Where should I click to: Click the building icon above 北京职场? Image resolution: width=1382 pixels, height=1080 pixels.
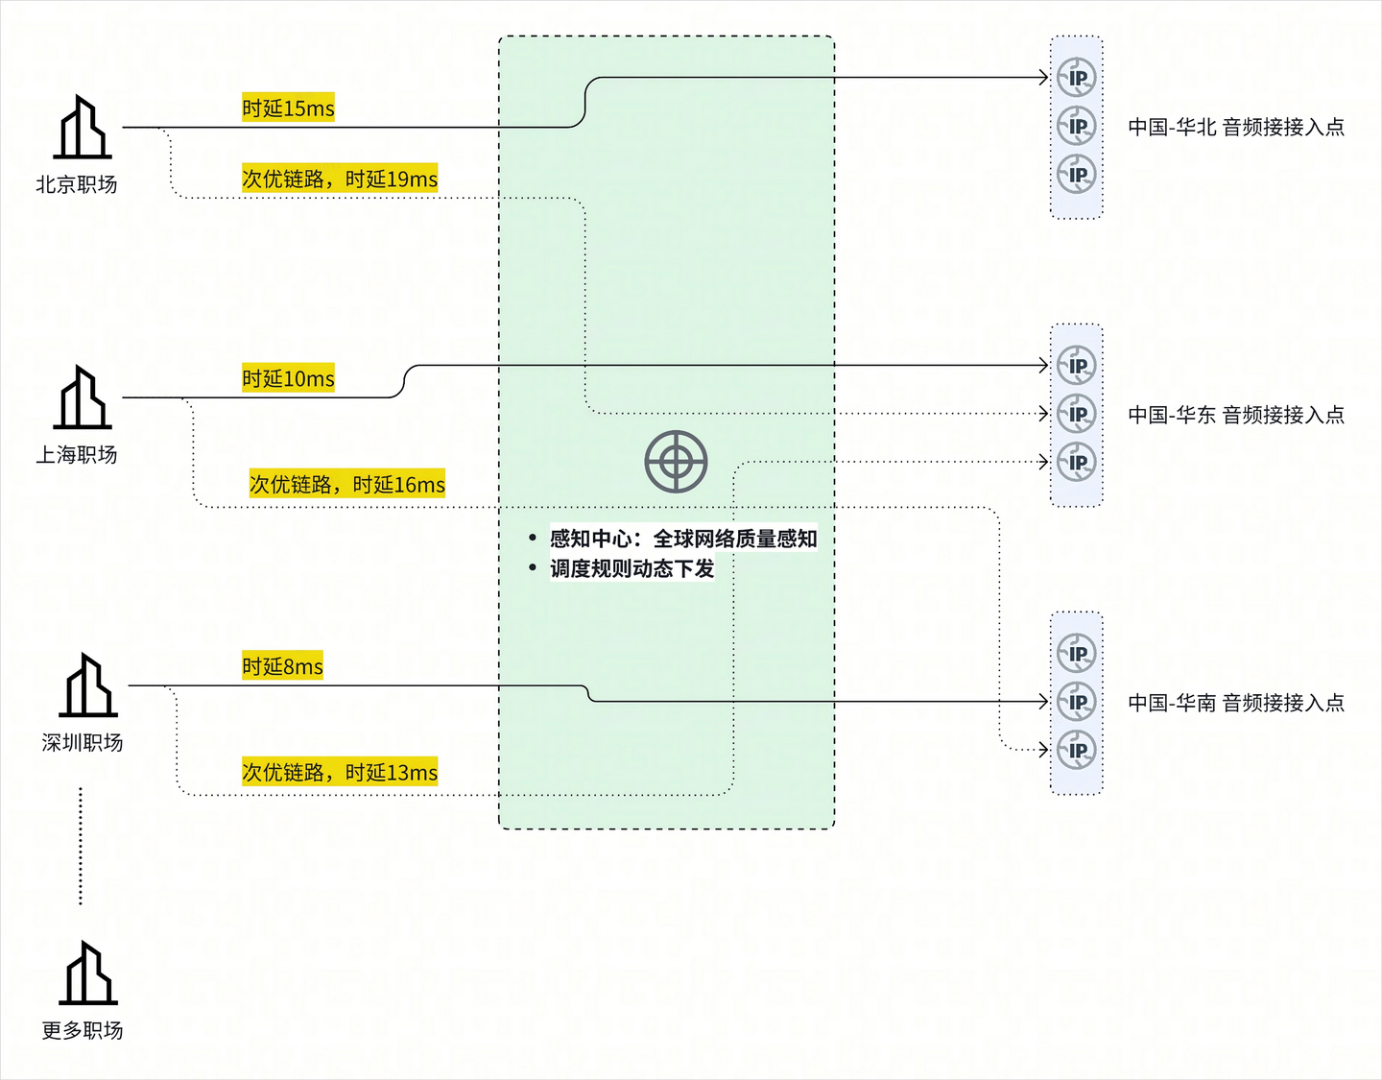click(x=82, y=127)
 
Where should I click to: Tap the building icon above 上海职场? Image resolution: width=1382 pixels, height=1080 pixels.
click(x=82, y=396)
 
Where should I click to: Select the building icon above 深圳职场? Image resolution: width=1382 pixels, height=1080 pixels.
click(x=87, y=685)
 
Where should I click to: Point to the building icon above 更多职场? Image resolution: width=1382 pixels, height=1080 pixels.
click(x=87, y=972)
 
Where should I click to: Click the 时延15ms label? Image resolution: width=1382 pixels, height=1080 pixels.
click(x=288, y=108)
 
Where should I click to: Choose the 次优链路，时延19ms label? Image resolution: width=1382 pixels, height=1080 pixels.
click(x=340, y=179)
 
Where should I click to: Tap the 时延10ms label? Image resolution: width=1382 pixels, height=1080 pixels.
click(x=288, y=378)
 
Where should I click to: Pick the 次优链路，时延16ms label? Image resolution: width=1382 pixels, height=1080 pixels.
click(x=347, y=485)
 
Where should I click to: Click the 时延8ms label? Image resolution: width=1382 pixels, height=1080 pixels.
click(x=282, y=666)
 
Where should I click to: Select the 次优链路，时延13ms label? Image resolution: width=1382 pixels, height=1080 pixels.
click(x=340, y=772)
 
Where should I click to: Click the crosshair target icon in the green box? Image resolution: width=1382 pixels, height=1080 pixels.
click(x=676, y=462)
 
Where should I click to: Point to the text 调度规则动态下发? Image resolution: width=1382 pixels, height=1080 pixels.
click(x=632, y=568)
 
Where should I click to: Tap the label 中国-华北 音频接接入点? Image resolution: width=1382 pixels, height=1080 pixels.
click(x=1236, y=127)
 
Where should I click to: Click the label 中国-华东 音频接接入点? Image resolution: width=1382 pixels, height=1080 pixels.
click(x=1236, y=415)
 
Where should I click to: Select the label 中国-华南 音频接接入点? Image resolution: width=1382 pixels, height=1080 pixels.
click(x=1236, y=702)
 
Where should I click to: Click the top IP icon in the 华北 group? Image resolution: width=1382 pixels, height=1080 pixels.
click(x=1076, y=78)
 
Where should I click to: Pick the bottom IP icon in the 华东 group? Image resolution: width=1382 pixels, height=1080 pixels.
click(x=1076, y=462)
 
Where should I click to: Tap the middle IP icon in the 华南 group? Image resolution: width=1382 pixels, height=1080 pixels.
click(x=1076, y=702)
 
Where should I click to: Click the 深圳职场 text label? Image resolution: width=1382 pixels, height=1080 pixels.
click(x=82, y=742)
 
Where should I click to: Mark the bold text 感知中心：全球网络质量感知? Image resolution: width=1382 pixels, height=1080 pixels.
click(x=683, y=539)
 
